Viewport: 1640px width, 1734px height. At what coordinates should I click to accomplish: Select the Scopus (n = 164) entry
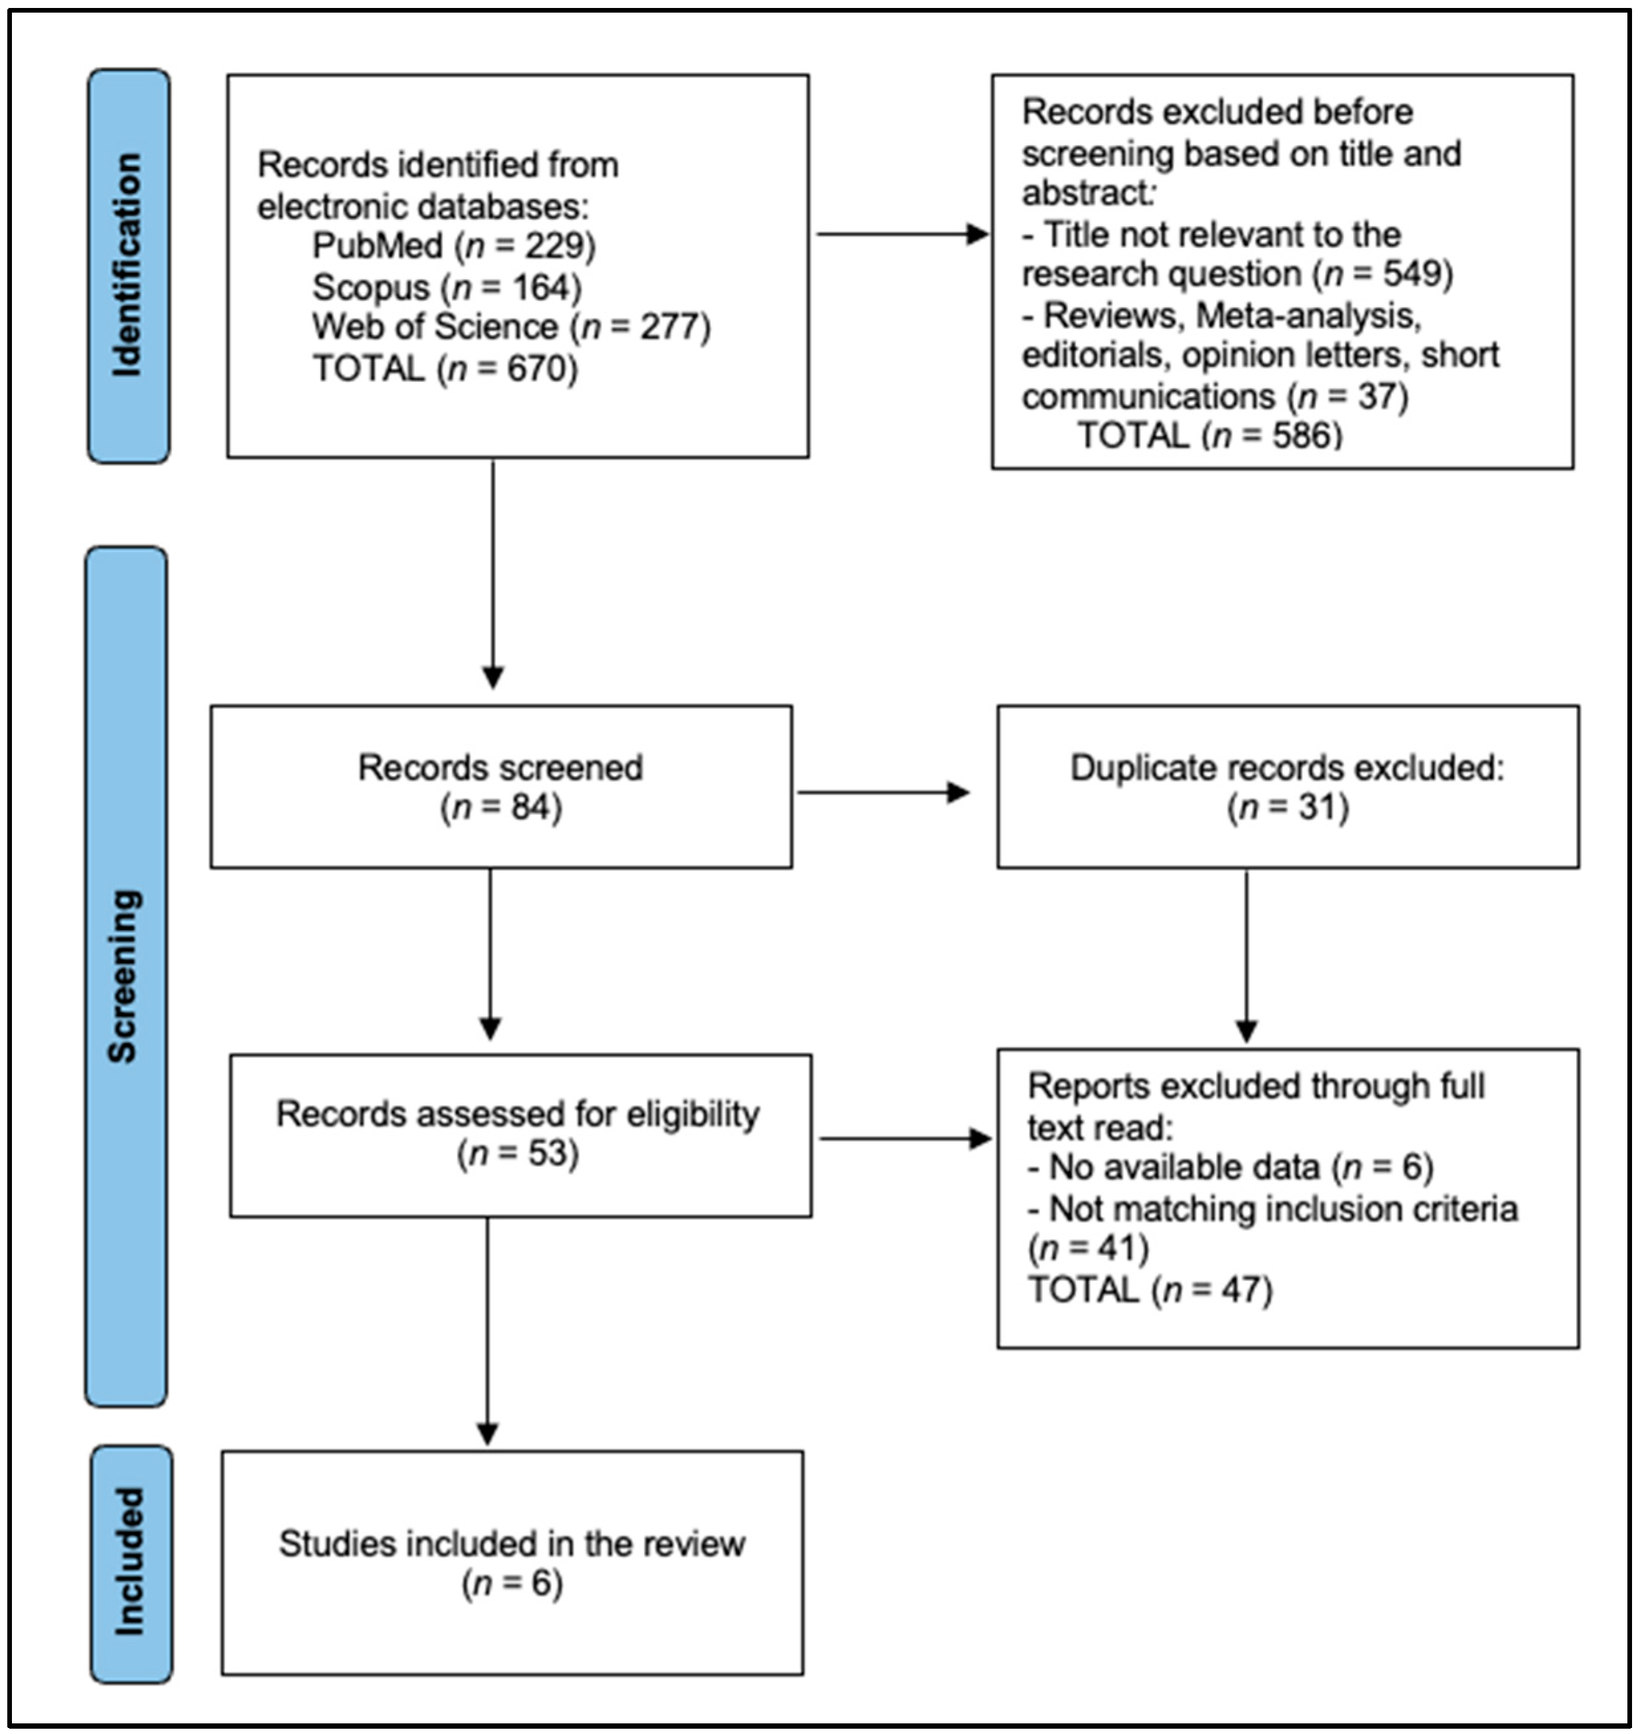pos(447,287)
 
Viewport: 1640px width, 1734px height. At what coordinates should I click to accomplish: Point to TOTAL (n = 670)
pos(445,368)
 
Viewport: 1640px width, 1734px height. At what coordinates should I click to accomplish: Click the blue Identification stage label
pos(129,266)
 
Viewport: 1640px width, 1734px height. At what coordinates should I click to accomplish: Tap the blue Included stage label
pos(131,1563)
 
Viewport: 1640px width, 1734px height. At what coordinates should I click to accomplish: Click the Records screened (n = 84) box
pos(501,787)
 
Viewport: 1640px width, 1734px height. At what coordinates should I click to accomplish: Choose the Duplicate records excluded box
pos(1287,787)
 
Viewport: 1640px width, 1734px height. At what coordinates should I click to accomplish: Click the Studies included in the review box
pos(512,1563)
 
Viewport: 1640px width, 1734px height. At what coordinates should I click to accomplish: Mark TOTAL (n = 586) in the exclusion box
pos(1209,435)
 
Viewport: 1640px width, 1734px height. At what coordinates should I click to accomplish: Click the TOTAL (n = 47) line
pos(1150,1290)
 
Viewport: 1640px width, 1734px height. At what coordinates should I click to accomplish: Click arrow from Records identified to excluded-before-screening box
pos(901,234)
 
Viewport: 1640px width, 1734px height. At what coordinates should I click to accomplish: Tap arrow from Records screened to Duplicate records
pos(883,792)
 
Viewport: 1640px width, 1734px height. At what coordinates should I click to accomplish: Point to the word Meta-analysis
pos(1305,315)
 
